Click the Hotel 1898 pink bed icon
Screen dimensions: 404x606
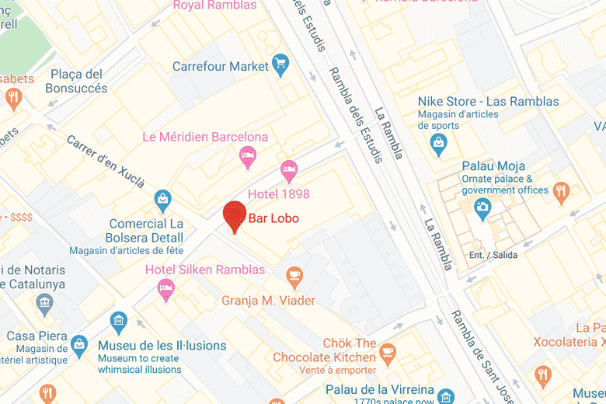coord(289,168)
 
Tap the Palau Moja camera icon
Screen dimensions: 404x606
coord(482,207)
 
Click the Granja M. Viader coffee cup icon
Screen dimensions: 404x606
coord(294,275)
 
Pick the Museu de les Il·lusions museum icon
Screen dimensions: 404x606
coord(118,320)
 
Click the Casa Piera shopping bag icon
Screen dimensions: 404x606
coord(78,343)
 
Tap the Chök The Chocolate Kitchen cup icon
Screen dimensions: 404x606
coord(388,354)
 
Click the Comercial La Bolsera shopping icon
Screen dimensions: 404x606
coord(162,200)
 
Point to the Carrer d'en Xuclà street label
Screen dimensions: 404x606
coord(106,162)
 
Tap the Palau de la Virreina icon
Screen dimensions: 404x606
coord(445,396)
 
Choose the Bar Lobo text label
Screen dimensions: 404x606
coord(273,218)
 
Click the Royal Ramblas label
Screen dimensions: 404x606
coord(214,5)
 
